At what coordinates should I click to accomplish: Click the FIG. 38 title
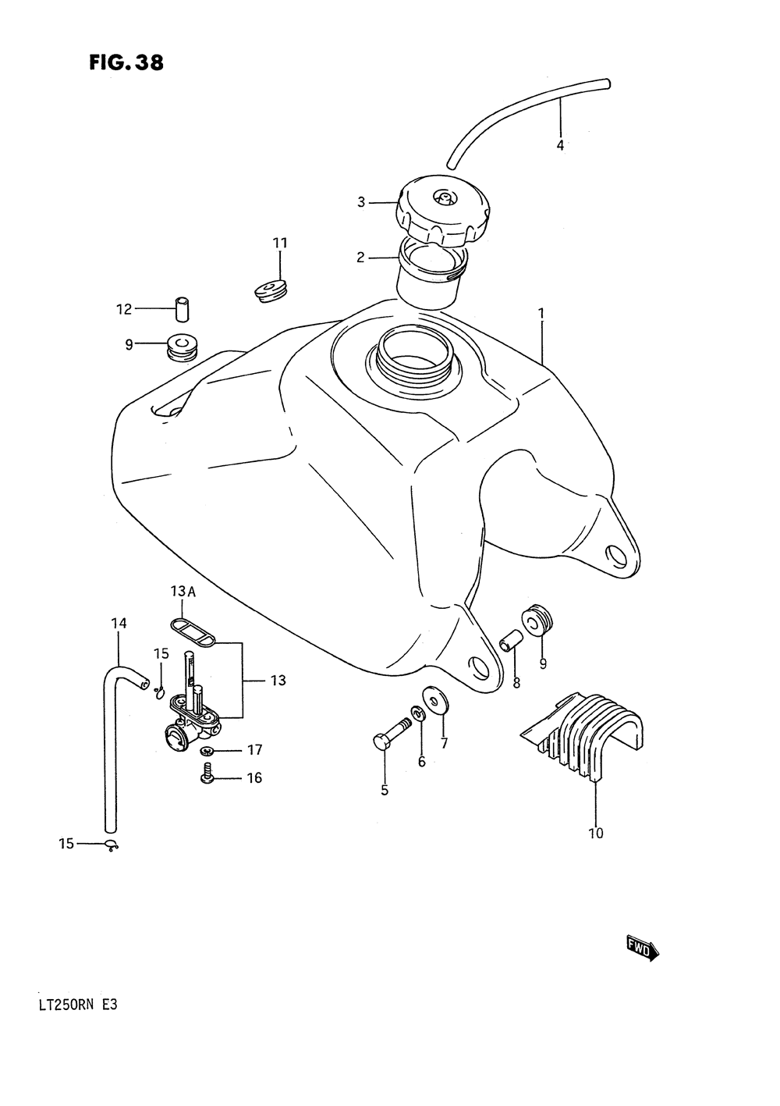click(126, 62)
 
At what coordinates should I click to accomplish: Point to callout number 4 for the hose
click(560, 145)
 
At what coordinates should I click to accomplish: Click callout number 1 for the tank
click(541, 314)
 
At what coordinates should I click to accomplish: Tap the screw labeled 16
click(207, 776)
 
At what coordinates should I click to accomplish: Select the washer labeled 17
click(207, 750)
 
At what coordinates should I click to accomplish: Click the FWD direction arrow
click(642, 948)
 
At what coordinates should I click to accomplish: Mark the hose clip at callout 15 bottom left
click(112, 845)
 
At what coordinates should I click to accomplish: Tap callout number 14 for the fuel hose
click(119, 624)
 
